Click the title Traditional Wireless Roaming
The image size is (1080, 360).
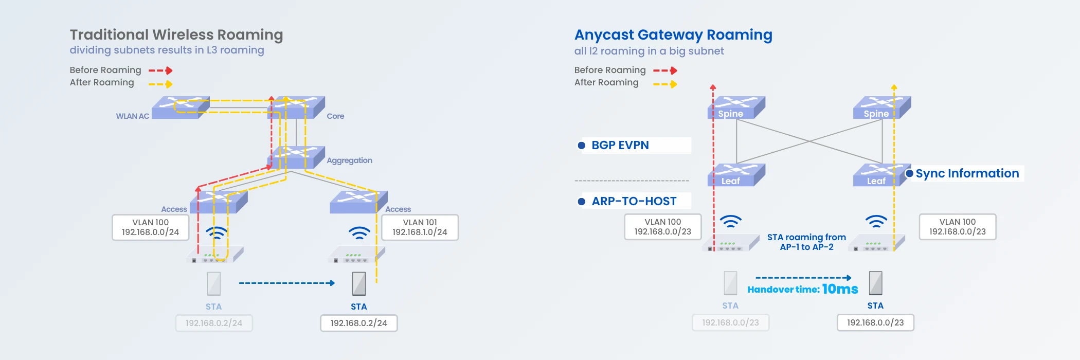176,34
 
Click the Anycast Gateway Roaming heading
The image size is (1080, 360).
673,34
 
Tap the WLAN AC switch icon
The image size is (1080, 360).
180,107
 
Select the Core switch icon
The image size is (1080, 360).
296,107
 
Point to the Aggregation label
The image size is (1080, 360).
349,160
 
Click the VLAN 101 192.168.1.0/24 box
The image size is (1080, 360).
420,227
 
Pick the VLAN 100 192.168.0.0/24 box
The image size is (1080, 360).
150,227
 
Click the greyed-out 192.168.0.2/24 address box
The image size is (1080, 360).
214,323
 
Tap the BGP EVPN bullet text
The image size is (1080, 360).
620,146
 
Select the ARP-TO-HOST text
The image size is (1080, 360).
634,201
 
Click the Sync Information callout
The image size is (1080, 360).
967,173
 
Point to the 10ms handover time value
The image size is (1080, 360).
840,289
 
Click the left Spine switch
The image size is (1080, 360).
736,107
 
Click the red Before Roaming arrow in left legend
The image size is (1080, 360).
160,70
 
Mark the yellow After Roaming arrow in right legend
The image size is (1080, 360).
665,84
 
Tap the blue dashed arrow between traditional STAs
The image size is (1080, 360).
286,283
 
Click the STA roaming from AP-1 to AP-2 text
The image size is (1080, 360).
806,242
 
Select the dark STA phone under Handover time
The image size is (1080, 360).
875,283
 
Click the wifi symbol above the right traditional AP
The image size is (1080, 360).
359,233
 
